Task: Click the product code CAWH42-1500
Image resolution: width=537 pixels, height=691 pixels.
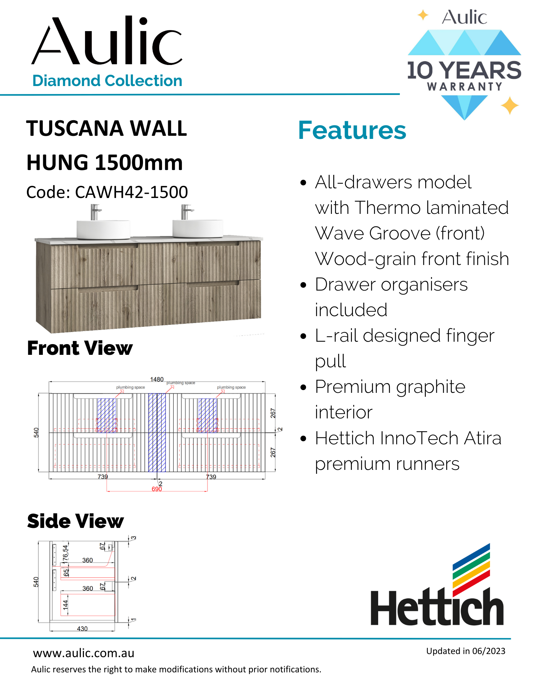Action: [131, 192]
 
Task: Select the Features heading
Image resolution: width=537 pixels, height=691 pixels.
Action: [352, 130]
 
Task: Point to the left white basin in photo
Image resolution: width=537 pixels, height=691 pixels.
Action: [103, 229]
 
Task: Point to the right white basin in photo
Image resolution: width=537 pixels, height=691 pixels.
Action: [198, 228]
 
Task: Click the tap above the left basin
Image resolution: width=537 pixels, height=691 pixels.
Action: [94, 212]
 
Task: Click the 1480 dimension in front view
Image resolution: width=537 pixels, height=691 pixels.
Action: [157, 379]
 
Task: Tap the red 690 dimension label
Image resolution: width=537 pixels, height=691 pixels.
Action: [157, 489]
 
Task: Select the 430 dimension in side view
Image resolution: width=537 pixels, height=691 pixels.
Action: [82, 629]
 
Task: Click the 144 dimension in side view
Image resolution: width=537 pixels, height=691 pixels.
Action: [65, 605]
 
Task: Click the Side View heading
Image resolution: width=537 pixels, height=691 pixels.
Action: [75, 521]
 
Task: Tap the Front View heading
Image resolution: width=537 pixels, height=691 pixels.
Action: [80, 348]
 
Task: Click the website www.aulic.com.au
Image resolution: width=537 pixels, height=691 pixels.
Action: [84, 653]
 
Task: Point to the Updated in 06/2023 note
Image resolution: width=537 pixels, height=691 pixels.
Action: [466, 651]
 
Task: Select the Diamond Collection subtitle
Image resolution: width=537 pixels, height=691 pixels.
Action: [107, 81]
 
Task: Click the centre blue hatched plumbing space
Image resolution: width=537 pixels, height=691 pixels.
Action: [157, 432]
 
